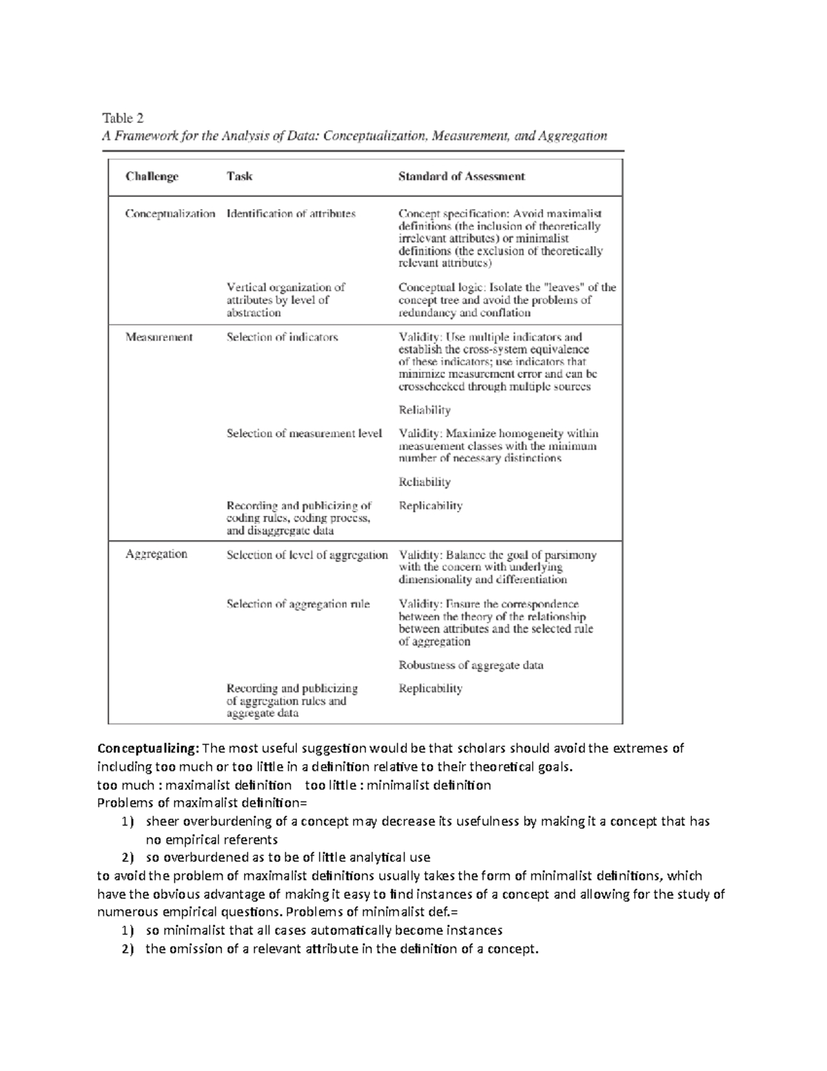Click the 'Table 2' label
pos(122,118)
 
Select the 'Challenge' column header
pos(152,177)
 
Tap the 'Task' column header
pos(239,177)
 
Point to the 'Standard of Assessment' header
pos(461,177)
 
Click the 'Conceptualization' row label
pos(170,214)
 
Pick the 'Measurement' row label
pos(159,337)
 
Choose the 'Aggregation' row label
pos(156,554)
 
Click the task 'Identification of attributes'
pos(291,214)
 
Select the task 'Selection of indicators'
pos(282,337)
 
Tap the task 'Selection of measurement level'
pos(304,433)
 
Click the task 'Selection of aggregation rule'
pos(298,604)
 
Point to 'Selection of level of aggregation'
pos(307,554)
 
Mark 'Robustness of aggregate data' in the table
pos(471,665)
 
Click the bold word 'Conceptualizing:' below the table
pos(148,748)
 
